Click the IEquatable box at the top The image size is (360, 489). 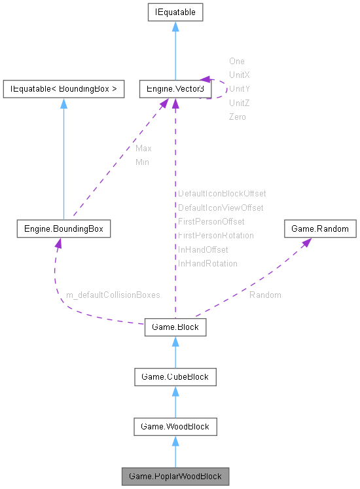175,12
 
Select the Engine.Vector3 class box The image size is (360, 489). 175,88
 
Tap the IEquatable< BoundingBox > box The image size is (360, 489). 63,88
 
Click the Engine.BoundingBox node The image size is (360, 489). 63,229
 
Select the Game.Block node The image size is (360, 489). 175,327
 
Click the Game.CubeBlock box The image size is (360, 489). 175,376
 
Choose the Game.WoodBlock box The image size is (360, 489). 175,426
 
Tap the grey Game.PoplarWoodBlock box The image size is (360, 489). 175,475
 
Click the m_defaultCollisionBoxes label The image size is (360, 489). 113,295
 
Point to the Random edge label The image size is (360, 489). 265,295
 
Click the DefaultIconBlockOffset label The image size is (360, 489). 222,194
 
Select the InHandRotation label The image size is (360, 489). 207,263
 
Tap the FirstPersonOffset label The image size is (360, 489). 211,222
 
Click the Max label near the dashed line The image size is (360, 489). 143,149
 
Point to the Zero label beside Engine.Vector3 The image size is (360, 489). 238,117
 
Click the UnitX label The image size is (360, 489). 239,75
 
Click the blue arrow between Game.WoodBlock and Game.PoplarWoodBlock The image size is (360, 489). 175,451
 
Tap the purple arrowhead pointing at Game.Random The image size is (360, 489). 306,243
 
